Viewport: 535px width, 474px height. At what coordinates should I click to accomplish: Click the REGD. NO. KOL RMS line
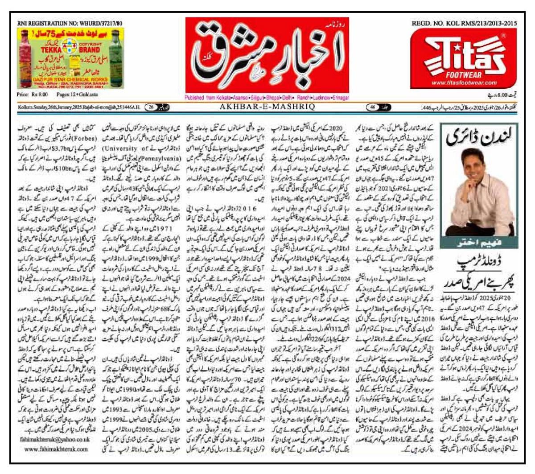coord(464,23)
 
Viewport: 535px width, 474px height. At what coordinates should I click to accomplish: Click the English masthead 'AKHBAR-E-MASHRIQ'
coord(267,107)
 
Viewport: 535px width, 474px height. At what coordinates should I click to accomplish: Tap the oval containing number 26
coord(152,107)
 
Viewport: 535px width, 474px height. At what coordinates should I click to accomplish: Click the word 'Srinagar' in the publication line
coord(340,98)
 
